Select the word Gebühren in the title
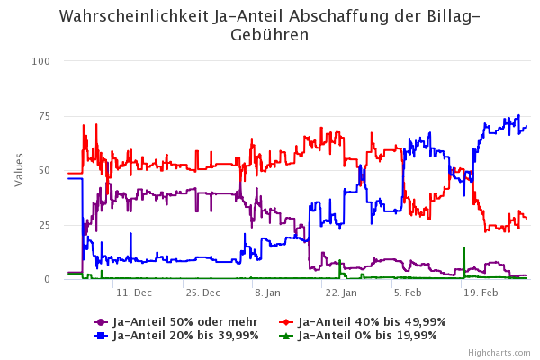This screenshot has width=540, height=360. click(269, 35)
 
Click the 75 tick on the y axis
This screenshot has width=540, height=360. click(44, 116)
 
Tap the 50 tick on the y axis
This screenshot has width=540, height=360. click(44, 170)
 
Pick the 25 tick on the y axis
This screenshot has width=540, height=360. click(44, 225)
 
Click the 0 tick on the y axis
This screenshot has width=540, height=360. click(47, 279)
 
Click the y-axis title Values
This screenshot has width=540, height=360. click(20, 170)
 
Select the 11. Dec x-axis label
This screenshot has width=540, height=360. click(134, 293)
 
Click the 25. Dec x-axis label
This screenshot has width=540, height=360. click(202, 293)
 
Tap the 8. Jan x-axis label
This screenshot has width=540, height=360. click(267, 293)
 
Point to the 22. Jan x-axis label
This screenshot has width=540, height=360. click(340, 293)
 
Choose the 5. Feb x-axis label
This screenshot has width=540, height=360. click(408, 293)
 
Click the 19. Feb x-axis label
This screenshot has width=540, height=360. click(481, 293)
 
